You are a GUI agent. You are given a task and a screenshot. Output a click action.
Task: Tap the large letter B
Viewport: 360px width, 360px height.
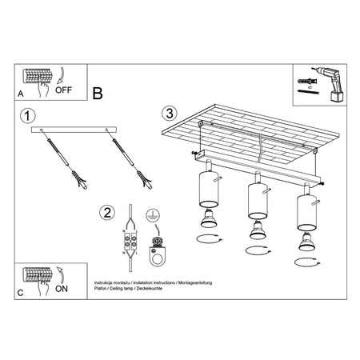tap(98, 93)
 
